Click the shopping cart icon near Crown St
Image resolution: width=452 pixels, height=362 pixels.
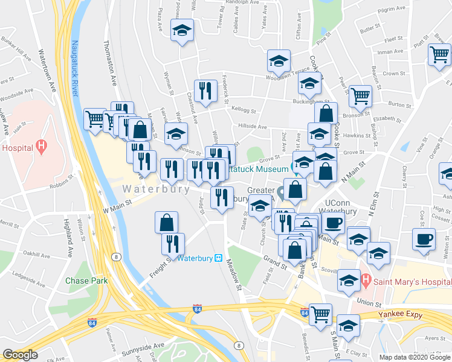coord(439,55)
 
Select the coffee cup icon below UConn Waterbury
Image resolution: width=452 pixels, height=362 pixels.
coord(332,223)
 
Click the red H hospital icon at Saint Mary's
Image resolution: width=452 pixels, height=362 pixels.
coord(366,281)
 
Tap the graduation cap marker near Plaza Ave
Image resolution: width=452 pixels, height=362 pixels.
coord(181,31)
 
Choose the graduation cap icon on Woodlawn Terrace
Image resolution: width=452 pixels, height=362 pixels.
coord(279,61)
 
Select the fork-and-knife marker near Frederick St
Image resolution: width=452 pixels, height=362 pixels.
coord(205,91)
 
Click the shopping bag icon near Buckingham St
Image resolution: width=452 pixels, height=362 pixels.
coord(326,113)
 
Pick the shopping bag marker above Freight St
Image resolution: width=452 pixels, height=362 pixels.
coord(166,223)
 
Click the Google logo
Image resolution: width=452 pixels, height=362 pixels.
coord(21,355)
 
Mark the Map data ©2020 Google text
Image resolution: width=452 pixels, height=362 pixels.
coord(414,357)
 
